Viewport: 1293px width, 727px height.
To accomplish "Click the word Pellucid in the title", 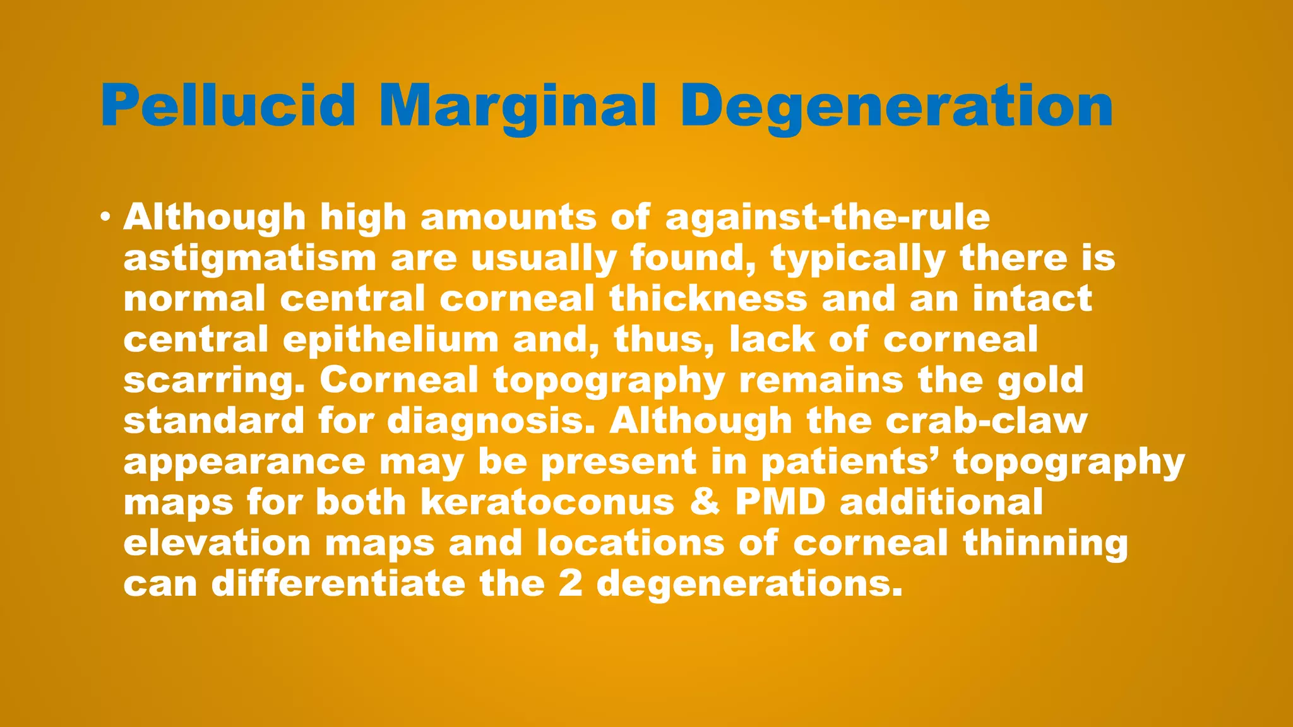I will pyautogui.click(x=228, y=106).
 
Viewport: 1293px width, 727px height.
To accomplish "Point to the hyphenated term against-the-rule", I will pyautogui.click(x=828, y=218).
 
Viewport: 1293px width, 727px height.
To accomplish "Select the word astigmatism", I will pyautogui.click(x=250, y=259).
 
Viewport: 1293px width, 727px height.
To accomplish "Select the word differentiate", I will pyautogui.click(x=338, y=584).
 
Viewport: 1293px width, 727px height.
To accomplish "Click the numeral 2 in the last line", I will pyautogui.click(x=570, y=584).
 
